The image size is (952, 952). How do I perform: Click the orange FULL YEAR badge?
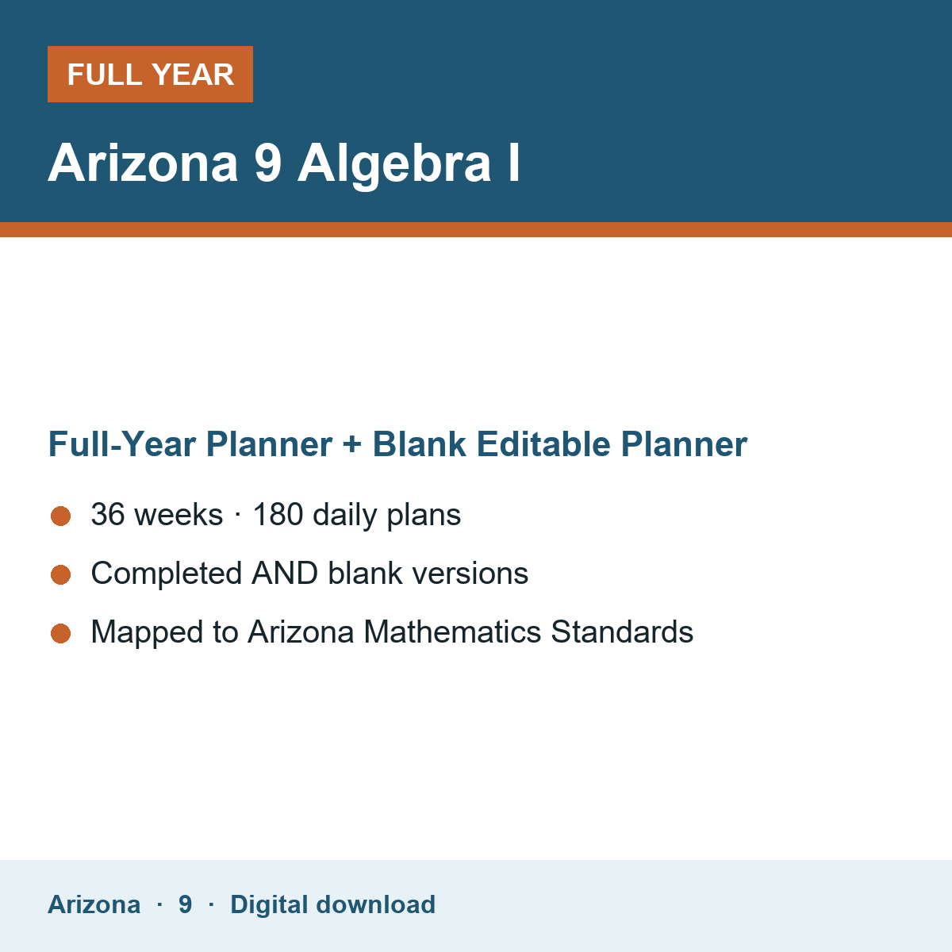point(150,74)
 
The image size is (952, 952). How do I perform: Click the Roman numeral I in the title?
point(514,163)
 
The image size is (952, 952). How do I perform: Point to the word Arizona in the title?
point(143,163)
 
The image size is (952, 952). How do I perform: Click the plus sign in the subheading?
point(352,444)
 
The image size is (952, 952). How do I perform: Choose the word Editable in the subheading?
point(543,443)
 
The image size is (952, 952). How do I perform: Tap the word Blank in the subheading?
point(419,443)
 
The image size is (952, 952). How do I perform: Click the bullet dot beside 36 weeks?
point(61,516)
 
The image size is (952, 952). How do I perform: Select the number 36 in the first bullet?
point(108,514)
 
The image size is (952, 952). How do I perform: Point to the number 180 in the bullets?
point(278,514)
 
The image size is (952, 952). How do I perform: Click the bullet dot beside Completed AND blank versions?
point(61,574)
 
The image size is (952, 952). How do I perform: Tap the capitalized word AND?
point(285,573)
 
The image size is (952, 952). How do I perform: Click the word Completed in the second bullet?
point(167,573)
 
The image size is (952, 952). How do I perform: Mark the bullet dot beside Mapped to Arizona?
point(61,633)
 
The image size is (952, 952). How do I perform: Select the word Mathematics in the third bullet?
point(452,631)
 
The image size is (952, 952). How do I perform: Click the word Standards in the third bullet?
point(622,631)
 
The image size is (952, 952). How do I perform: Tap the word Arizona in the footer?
point(94,904)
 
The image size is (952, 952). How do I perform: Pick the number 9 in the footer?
point(186,904)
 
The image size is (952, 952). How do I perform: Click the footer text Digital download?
point(333,904)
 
